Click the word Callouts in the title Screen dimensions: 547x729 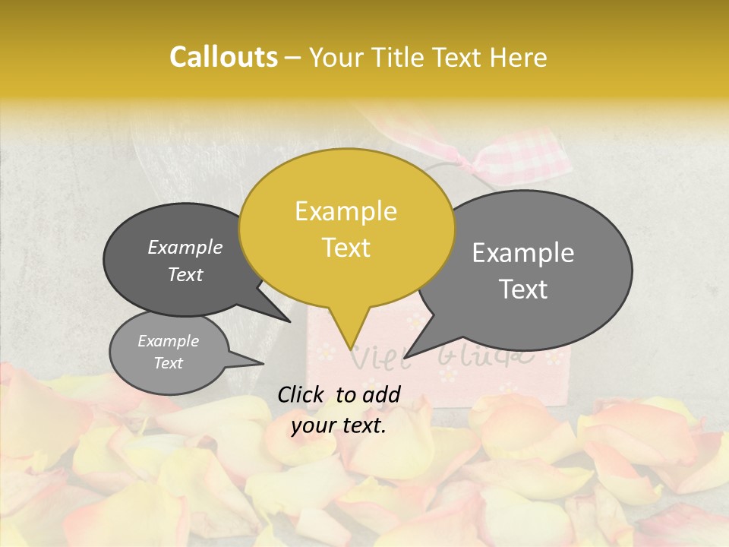click(x=223, y=57)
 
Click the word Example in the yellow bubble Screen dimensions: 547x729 click(x=346, y=211)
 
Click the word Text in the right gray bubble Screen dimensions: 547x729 click(x=524, y=289)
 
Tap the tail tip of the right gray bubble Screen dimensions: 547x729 click(x=406, y=356)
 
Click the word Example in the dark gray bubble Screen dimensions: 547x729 click(x=185, y=248)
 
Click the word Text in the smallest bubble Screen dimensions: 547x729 click(x=169, y=363)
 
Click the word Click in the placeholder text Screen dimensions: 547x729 click(x=301, y=394)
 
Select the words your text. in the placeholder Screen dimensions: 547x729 click(x=339, y=426)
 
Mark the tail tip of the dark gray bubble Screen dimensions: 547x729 click(x=290, y=321)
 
